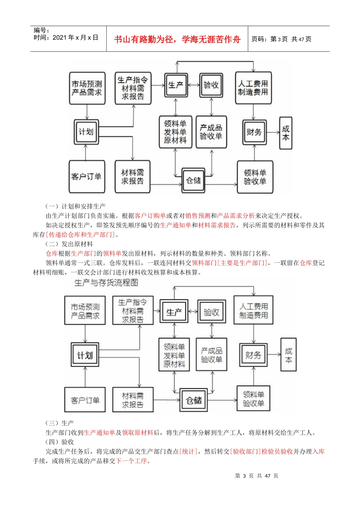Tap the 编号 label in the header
pyautogui.click(x=41, y=30)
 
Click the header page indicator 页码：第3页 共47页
pyautogui.click(x=281, y=39)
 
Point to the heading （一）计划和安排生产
pyautogui.click(x=75, y=206)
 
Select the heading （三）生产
pyautogui.click(x=59, y=423)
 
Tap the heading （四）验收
pyautogui.click(x=59, y=442)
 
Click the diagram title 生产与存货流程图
pyautogui.click(x=106, y=283)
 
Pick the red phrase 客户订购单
pyautogui.click(x=150, y=216)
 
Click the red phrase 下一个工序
pyautogui.click(x=131, y=461)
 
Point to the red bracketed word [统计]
pyautogui.click(x=188, y=451)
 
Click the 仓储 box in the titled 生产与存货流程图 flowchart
pyautogui.click(x=194, y=400)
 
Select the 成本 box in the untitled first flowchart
pyautogui.click(x=286, y=133)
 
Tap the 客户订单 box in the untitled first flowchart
pyautogui.click(x=86, y=176)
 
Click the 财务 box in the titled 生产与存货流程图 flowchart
pyautogui.click(x=253, y=355)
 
